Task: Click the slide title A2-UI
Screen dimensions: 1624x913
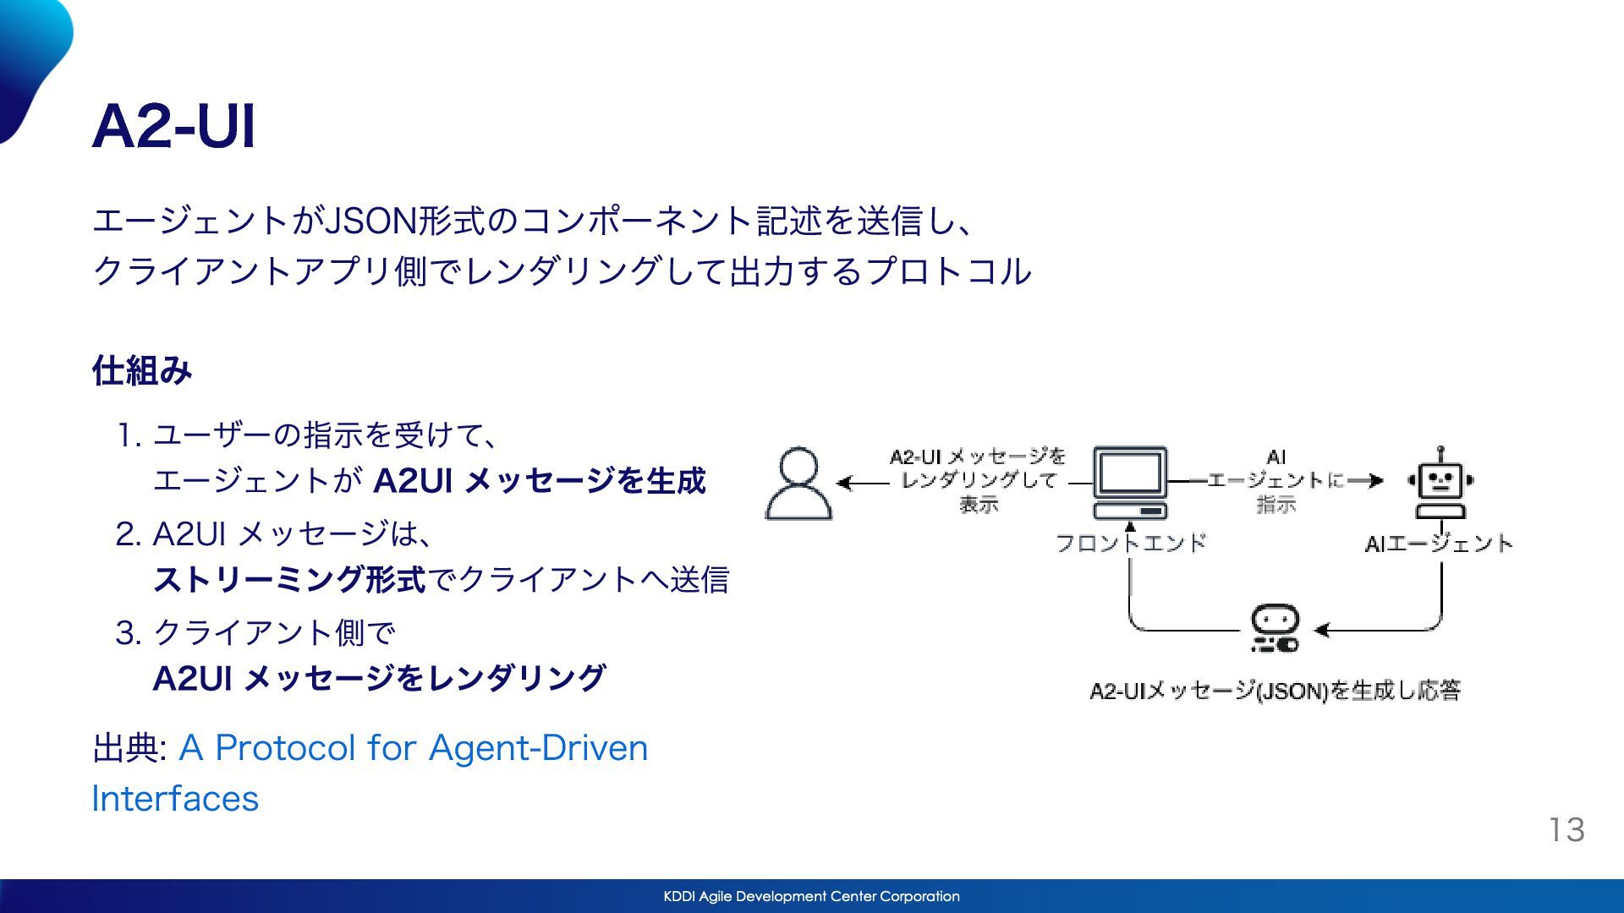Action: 173,127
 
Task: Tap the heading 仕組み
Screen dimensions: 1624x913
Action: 142,370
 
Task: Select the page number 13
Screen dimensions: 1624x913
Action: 1566,829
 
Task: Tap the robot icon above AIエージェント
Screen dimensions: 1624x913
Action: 1440,482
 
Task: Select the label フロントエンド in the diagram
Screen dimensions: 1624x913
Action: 1130,543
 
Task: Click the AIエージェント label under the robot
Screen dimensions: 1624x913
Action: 1439,544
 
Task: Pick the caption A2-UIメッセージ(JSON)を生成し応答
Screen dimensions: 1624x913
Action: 1275,691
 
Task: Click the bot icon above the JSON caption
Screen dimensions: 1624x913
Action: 1275,628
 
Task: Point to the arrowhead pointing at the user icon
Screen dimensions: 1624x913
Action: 843,483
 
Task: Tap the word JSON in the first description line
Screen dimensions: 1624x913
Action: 370,221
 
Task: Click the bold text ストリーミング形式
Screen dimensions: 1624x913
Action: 289,580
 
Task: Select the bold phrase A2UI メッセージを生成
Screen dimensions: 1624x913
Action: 539,481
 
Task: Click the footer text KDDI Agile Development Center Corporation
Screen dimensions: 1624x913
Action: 811,896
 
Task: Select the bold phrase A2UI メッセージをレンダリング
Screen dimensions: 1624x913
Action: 379,678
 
